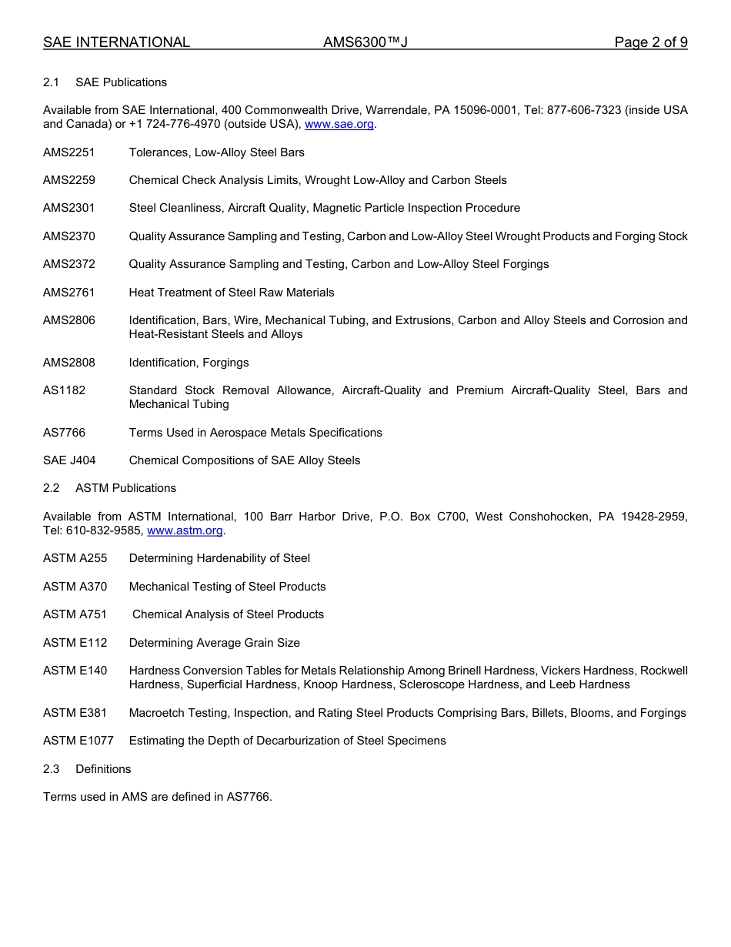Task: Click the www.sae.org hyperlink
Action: (x=340, y=124)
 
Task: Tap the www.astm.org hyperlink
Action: (x=185, y=530)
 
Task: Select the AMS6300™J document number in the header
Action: (x=365, y=42)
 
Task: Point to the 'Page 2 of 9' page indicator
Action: (x=650, y=42)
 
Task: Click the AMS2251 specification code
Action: (x=69, y=152)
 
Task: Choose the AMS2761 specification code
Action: (x=69, y=293)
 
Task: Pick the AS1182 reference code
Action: (x=65, y=390)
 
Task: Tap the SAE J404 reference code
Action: (x=69, y=460)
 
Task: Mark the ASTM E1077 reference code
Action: (x=78, y=741)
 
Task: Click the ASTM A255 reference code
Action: (x=75, y=558)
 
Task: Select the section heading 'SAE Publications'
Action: (x=121, y=82)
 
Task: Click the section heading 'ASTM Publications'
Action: (x=125, y=488)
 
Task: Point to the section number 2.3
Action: (x=52, y=769)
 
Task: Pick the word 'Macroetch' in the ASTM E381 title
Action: (x=156, y=713)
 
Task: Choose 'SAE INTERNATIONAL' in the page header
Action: (x=116, y=42)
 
